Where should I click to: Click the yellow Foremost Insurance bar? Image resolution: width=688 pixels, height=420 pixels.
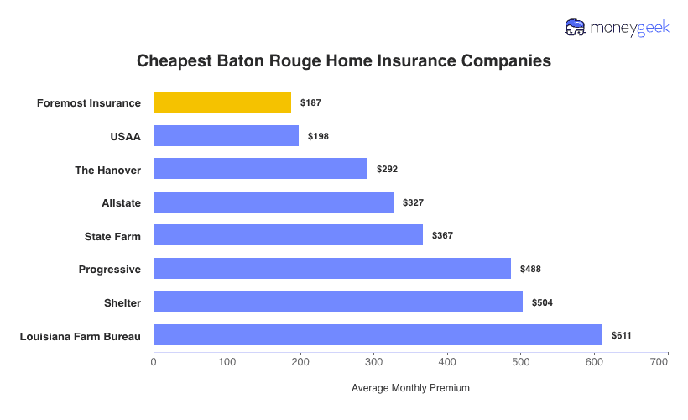click(x=222, y=102)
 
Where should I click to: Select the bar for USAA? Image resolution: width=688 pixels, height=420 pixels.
click(x=227, y=136)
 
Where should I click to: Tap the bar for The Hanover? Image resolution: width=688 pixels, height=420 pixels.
click(x=260, y=169)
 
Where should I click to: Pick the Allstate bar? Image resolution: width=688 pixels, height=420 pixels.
click(x=274, y=202)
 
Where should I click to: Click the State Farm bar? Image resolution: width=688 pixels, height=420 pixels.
click(x=288, y=235)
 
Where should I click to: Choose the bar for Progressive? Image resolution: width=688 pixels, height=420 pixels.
click(x=332, y=269)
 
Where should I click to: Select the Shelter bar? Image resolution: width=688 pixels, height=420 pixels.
click(x=338, y=302)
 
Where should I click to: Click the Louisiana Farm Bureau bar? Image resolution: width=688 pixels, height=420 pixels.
click(x=378, y=335)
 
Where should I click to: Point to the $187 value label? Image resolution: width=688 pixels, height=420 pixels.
click(x=310, y=102)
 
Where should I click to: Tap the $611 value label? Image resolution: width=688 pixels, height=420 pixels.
click(x=621, y=335)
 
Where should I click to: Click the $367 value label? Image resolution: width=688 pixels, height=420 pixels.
click(x=442, y=235)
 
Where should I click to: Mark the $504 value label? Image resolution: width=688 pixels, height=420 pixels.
click(x=542, y=302)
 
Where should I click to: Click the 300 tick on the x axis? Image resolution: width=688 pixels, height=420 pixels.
click(x=373, y=362)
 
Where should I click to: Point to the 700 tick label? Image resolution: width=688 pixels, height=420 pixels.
click(x=659, y=362)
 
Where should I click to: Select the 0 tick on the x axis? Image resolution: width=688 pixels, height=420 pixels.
click(x=154, y=362)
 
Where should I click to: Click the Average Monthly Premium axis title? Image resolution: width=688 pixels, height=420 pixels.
click(x=410, y=388)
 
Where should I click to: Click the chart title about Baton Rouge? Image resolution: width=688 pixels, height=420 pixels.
click(x=344, y=61)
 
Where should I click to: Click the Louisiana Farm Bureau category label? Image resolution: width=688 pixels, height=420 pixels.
click(x=80, y=336)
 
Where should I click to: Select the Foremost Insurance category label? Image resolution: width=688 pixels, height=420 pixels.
click(x=89, y=103)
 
